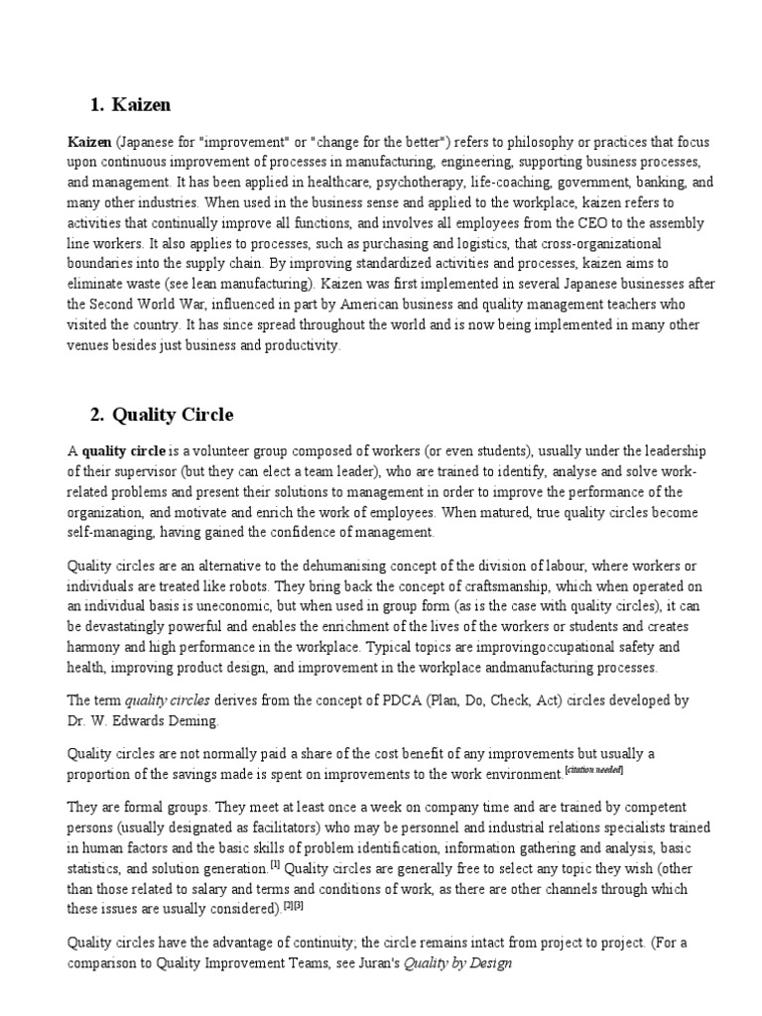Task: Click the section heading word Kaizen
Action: pyautogui.click(x=143, y=104)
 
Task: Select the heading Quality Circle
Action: pyautogui.click(x=174, y=414)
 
